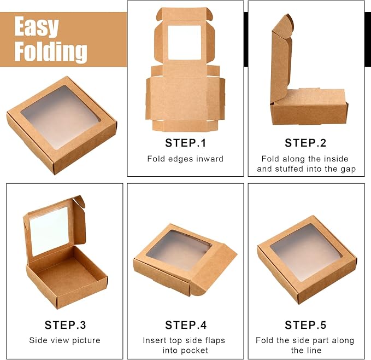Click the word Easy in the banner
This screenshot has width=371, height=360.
point(37,27)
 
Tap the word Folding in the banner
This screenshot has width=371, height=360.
point(51,51)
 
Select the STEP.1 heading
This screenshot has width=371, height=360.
point(186,143)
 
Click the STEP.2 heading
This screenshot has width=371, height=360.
point(305,143)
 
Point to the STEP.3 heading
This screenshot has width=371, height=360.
point(65,325)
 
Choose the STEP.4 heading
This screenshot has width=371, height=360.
point(186,325)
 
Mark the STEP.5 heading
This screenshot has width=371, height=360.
point(305,325)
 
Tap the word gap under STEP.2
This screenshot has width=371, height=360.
point(348,170)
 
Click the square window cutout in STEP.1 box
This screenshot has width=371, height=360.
point(184,43)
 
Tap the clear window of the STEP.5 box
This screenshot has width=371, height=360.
point(306,252)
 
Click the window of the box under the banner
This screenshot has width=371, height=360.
point(61,117)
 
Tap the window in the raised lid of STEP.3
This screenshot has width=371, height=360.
point(49,231)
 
